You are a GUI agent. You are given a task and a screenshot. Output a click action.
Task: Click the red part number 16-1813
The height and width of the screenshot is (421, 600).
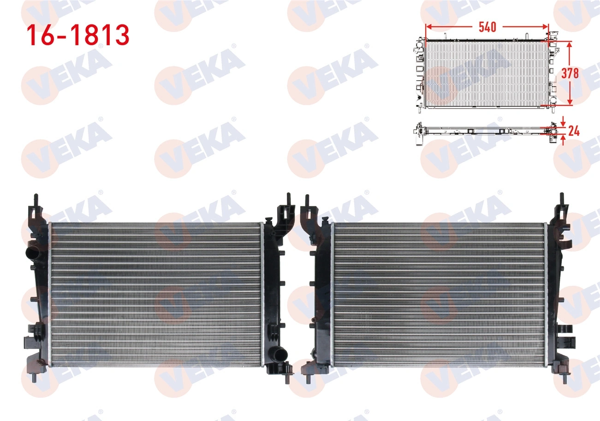tap(78, 35)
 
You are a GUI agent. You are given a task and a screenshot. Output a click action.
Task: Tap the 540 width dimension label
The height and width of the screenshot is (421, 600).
tap(487, 27)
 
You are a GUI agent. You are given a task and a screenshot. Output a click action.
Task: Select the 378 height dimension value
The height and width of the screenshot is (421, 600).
tap(570, 73)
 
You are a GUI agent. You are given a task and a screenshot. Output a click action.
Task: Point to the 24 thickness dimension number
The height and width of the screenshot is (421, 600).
tap(574, 131)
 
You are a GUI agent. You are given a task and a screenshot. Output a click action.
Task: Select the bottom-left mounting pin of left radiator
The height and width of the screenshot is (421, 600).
tap(34, 378)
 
